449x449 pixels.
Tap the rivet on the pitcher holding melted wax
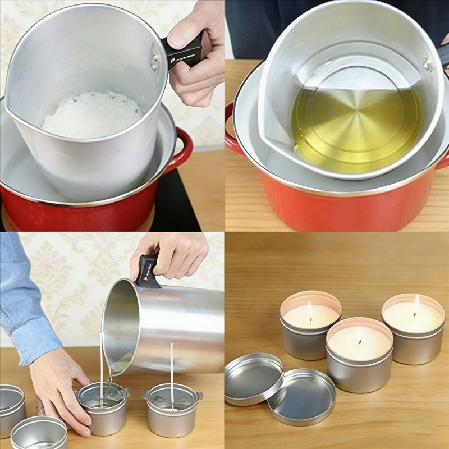(x=428, y=66)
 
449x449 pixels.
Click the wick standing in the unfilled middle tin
(x=172, y=370)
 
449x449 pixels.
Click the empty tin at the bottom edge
(x=38, y=434)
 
